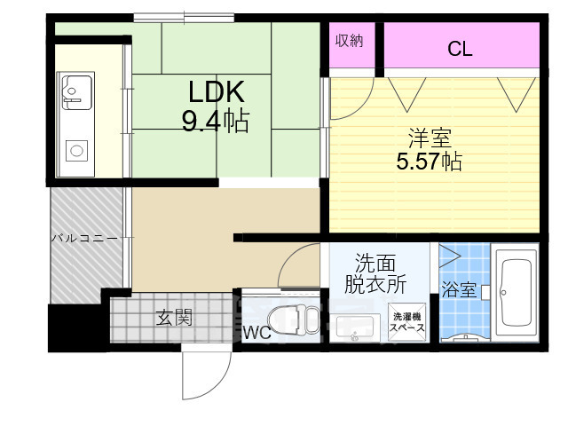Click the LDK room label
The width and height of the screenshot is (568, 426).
217,92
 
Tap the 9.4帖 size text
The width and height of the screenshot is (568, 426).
216,121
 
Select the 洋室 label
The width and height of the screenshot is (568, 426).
430,138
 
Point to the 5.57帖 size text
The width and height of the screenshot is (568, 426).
430,162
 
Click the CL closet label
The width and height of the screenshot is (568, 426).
460,49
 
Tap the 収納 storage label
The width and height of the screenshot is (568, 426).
349,41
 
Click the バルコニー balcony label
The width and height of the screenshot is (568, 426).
84,238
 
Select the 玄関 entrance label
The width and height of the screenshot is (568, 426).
174,318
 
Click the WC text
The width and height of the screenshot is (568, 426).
256,333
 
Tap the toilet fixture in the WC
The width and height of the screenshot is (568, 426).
294,319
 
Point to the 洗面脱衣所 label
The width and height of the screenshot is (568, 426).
375,273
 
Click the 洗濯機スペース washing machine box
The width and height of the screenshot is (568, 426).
406,322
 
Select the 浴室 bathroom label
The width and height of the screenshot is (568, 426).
458,290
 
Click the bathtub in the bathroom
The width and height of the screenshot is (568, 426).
516,292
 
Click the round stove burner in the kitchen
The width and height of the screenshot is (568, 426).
76,150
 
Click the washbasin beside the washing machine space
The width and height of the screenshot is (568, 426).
355,327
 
